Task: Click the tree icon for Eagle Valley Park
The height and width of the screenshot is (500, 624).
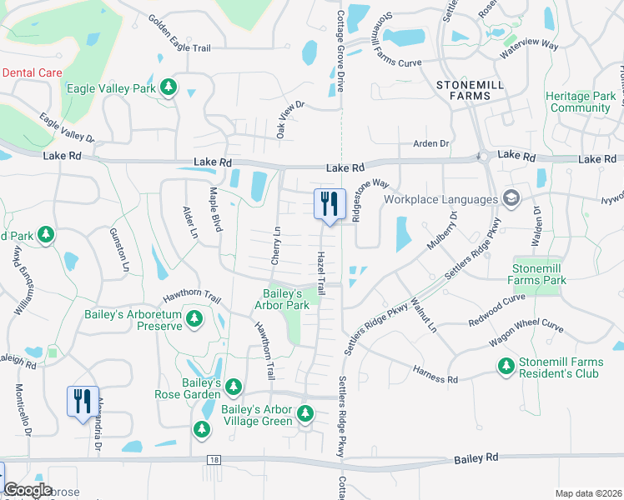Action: (x=169, y=87)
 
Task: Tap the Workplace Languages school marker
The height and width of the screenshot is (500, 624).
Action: (x=511, y=198)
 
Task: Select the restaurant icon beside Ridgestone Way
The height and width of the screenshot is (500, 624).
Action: (x=329, y=203)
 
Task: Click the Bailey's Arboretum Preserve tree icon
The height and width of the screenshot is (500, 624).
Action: (x=194, y=319)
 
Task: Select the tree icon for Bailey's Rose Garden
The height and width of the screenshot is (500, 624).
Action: (x=234, y=387)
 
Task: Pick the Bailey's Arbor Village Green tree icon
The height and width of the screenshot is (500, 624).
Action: (x=304, y=413)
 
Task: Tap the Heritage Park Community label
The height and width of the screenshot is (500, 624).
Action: (x=581, y=102)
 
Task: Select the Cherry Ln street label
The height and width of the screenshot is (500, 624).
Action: (x=275, y=246)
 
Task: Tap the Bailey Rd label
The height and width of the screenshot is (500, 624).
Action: (x=476, y=459)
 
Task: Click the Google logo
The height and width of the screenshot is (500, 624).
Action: (x=28, y=490)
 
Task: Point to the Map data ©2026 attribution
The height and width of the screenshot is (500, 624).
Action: (x=588, y=493)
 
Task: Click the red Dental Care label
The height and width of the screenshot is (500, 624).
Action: (x=32, y=72)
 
